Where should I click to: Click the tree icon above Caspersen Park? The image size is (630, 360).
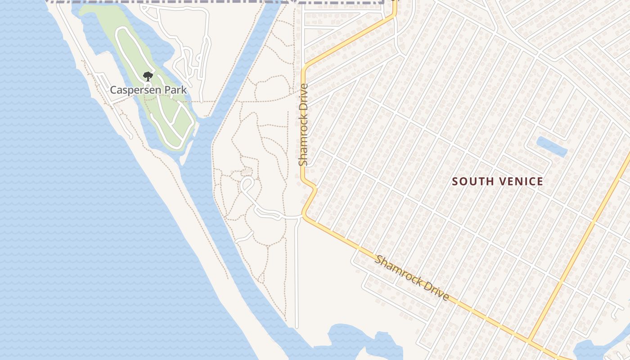click(148, 76)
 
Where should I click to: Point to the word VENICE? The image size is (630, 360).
click(517, 181)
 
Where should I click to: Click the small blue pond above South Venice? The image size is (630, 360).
click(552, 147)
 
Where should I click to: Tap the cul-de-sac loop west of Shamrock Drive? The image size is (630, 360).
click(247, 184)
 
